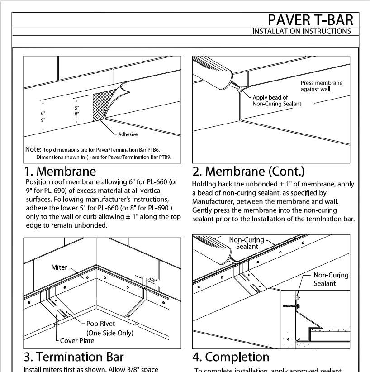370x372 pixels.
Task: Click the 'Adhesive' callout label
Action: pos(128,134)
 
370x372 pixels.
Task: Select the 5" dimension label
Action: pos(77,108)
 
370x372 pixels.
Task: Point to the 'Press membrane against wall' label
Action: pos(322,86)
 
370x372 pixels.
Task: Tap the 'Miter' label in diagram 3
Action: pos(59,267)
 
